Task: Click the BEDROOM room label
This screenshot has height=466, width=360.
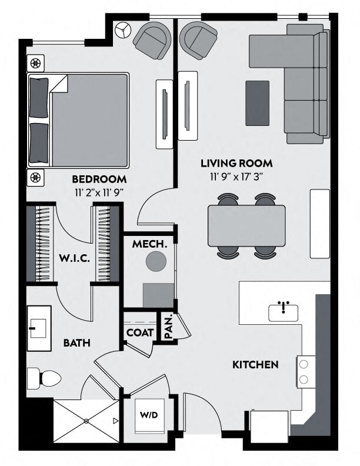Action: coord(99,179)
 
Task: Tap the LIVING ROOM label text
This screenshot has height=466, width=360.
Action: coord(236,163)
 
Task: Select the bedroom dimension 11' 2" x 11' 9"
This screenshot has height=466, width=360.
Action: coord(99,191)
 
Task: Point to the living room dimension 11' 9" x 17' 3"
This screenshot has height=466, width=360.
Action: coord(236,175)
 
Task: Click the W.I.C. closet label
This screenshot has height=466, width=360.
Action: coord(73,258)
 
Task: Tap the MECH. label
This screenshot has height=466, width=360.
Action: coord(146,244)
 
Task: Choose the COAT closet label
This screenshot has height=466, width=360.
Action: coord(140,332)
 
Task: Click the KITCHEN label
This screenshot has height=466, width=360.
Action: coord(255,365)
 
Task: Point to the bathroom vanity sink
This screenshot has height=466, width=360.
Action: coord(40,328)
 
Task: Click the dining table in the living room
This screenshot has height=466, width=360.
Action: coord(246,226)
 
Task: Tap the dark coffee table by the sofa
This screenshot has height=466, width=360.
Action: coord(257,103)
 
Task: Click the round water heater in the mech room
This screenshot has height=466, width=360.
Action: coord(156,261)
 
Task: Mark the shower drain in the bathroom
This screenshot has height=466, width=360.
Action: coord(86,421)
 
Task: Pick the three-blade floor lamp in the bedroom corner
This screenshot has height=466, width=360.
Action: coord(122,31)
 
